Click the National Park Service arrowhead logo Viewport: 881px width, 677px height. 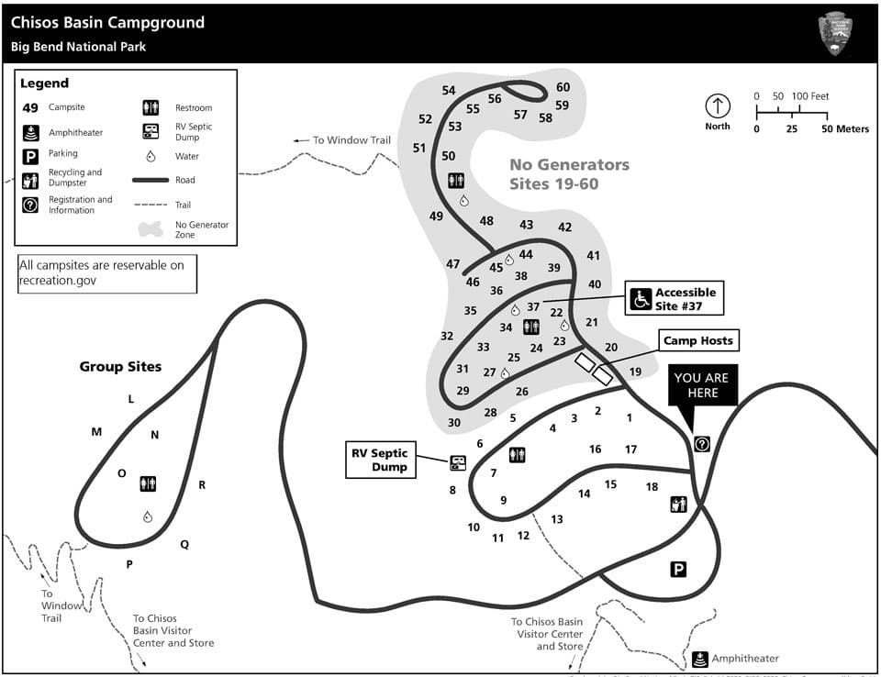835,33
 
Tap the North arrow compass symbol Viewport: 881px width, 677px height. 717,105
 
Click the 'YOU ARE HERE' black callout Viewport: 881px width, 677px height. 701,385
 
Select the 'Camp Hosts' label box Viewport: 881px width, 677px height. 698,340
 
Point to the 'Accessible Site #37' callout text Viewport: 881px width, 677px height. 686,298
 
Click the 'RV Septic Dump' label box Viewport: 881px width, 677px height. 380,459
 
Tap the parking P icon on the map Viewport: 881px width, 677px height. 678,570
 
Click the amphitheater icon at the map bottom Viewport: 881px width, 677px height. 699,659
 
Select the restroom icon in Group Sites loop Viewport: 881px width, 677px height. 149,483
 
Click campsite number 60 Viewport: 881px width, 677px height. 563,87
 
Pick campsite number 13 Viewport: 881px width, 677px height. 557,519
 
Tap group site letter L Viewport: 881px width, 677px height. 130,399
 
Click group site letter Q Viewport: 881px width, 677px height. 184,544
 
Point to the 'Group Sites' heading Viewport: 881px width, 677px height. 120,367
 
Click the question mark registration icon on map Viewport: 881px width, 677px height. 702,444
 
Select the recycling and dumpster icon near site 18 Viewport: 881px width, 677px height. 678,504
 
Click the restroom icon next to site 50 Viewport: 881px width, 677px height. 456,181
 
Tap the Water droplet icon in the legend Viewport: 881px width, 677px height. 151,156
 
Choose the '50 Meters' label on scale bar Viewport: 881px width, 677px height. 845,129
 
